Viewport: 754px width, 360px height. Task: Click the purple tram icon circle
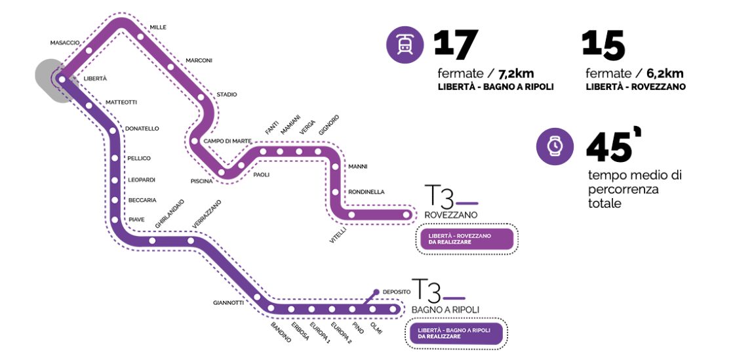[405, 45]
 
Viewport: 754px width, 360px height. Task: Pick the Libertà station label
[95, 79]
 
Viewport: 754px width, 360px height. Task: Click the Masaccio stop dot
[89, 50]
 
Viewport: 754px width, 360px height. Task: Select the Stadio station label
[227, 94]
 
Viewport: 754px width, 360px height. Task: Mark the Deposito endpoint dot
[376, 292]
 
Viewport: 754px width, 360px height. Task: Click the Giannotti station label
[228, 303]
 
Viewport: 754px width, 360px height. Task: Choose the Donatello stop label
[142, 129]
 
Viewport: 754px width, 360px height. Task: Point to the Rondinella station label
[367, 191]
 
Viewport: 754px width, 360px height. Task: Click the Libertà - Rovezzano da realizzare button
[466, 239]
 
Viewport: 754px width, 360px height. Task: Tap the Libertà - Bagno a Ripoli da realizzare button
[456, 333]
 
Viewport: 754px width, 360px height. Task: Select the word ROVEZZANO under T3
[450, 215]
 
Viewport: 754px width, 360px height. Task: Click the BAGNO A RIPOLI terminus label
[445, 310]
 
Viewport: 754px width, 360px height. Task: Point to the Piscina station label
[202, 180]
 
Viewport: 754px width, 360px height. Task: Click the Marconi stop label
[199, 60]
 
